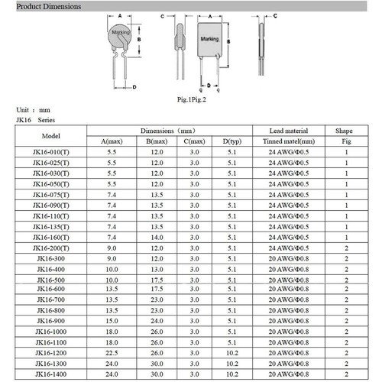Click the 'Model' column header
tap(50, 136)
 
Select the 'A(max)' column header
tap(112, 141)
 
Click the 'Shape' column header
tap(345, 131)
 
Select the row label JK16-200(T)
tap(50, 248)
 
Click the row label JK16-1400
tap(50, 377)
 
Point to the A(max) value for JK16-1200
tap(112, 355)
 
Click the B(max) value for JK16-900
tap(157, 323)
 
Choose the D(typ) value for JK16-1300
tap(233, 366)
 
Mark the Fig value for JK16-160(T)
tap(346, 238)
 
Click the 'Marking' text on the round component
tap(121, 34)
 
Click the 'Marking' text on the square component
tap(209, 38)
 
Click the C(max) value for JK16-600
tap(194, 291)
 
